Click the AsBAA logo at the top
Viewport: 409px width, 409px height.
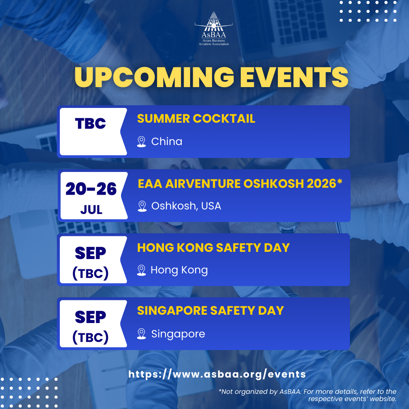(x=214, y=28)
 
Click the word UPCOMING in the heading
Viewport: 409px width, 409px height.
(x=154, y=77)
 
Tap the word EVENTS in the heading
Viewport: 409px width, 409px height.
(x=294, y=77)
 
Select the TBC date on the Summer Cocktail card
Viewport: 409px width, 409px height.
(x=91, y=123)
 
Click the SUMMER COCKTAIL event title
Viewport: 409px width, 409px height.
(x=196, y=119)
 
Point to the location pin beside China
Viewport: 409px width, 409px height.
(x=141, y=142)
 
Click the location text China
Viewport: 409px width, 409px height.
(x=167, y=141)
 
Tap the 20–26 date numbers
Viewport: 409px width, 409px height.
(x=91, y=189)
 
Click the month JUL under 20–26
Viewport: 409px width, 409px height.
(x=91, y=210)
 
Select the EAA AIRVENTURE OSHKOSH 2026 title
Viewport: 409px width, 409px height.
(x=240, y=183)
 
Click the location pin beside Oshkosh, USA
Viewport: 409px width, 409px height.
(x=142, y=206)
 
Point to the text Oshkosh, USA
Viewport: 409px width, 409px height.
(x=186, y=206)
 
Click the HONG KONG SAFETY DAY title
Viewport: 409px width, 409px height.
(x=213, y=248)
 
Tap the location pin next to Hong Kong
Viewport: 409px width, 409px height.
(x=141, y=270)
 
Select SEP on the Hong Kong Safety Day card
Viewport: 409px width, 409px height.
(x=91, y=253)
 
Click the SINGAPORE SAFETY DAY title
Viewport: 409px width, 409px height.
(x=210, y=311)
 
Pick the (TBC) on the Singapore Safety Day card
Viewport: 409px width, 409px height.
(x=91, y=337)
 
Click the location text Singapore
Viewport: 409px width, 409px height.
(x=178, y=334)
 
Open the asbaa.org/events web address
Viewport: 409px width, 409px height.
(x=217, y=374)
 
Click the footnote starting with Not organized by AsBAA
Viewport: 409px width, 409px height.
(x=307, y=395)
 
